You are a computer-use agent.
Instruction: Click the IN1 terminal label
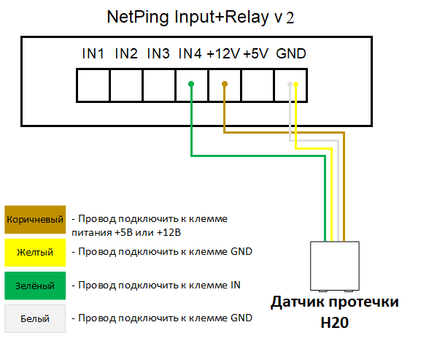[93, 53]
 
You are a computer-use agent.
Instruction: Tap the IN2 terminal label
[126, 53]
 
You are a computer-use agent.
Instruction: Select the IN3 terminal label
[158, 53]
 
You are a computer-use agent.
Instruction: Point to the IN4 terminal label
[190, 53]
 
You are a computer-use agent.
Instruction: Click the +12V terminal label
[223, 53]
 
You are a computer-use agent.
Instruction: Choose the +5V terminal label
[256, 53]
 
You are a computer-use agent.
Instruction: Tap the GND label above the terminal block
[291, 53]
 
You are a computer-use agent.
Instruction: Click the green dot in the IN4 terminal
[191, 84]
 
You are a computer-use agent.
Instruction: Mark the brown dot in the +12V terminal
[225, 84]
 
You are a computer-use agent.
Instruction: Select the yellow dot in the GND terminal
[296, 84]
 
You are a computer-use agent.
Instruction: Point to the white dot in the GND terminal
[290, 84]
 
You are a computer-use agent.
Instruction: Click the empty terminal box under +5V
[258, 85]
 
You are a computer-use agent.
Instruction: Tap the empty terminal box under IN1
[93, 85]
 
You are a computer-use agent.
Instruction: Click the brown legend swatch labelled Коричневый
[35, 220]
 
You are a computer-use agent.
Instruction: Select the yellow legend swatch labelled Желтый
[35, 253]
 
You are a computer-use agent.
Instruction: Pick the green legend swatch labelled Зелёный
[35, 286]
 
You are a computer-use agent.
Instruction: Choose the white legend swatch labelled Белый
[35, 318]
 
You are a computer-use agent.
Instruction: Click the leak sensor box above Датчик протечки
[335, 267]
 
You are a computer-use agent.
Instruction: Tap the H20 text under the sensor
[335, 323]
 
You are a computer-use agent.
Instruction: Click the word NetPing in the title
[138, 18]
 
